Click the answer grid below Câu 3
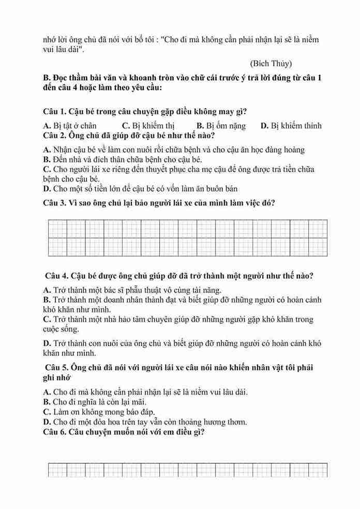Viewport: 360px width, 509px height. point(187,238)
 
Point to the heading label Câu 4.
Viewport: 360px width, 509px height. point(57,275)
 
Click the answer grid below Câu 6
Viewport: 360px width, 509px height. point(187,470)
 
